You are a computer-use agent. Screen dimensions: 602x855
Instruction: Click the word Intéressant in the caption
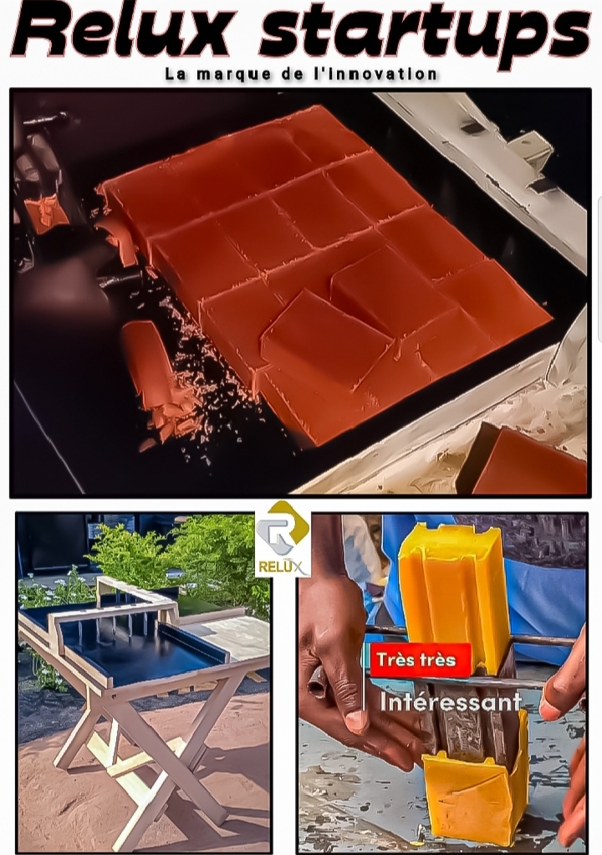451,702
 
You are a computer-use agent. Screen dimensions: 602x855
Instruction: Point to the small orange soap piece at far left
46,212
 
